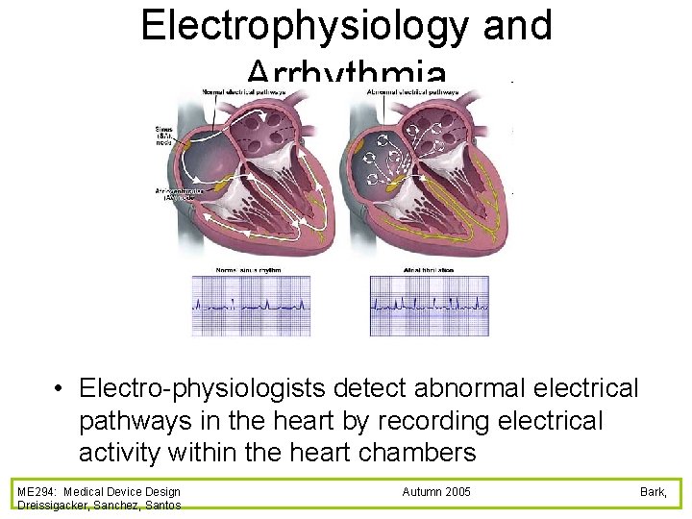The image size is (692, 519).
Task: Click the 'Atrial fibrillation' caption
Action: (x=429, y=270)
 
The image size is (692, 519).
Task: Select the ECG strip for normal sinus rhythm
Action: (x=251, y=306)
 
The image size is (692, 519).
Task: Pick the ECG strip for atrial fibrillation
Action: (x=429, y=306)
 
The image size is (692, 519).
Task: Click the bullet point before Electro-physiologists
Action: (x=60, y=389)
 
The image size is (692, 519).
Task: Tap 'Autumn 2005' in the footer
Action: (x=436, y=491)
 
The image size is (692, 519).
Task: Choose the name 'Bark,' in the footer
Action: (x=654, y=491)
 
